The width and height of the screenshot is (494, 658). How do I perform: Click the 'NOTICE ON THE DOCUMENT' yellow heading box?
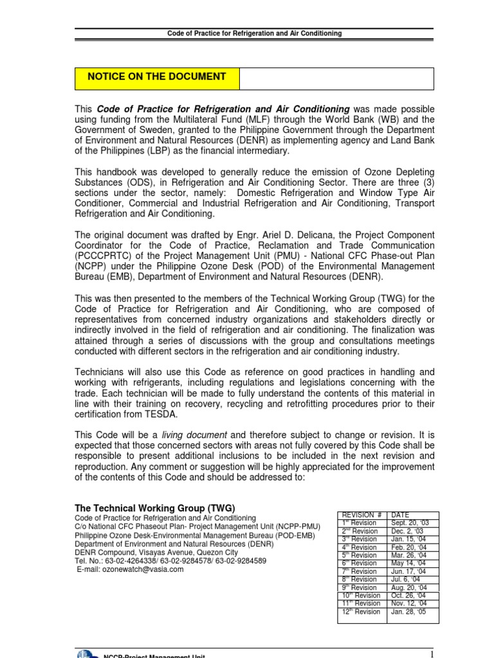coord(157,77)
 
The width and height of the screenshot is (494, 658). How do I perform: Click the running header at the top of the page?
coord(255,33)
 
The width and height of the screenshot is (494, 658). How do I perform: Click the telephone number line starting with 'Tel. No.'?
coord(171,560)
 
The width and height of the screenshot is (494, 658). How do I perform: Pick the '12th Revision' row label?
coord(360,612)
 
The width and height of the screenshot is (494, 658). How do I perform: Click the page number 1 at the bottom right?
coord(432,653)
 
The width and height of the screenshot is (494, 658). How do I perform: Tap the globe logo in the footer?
coord(86,654)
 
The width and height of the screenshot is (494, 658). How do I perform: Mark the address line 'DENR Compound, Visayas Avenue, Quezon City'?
coord(156,552)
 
